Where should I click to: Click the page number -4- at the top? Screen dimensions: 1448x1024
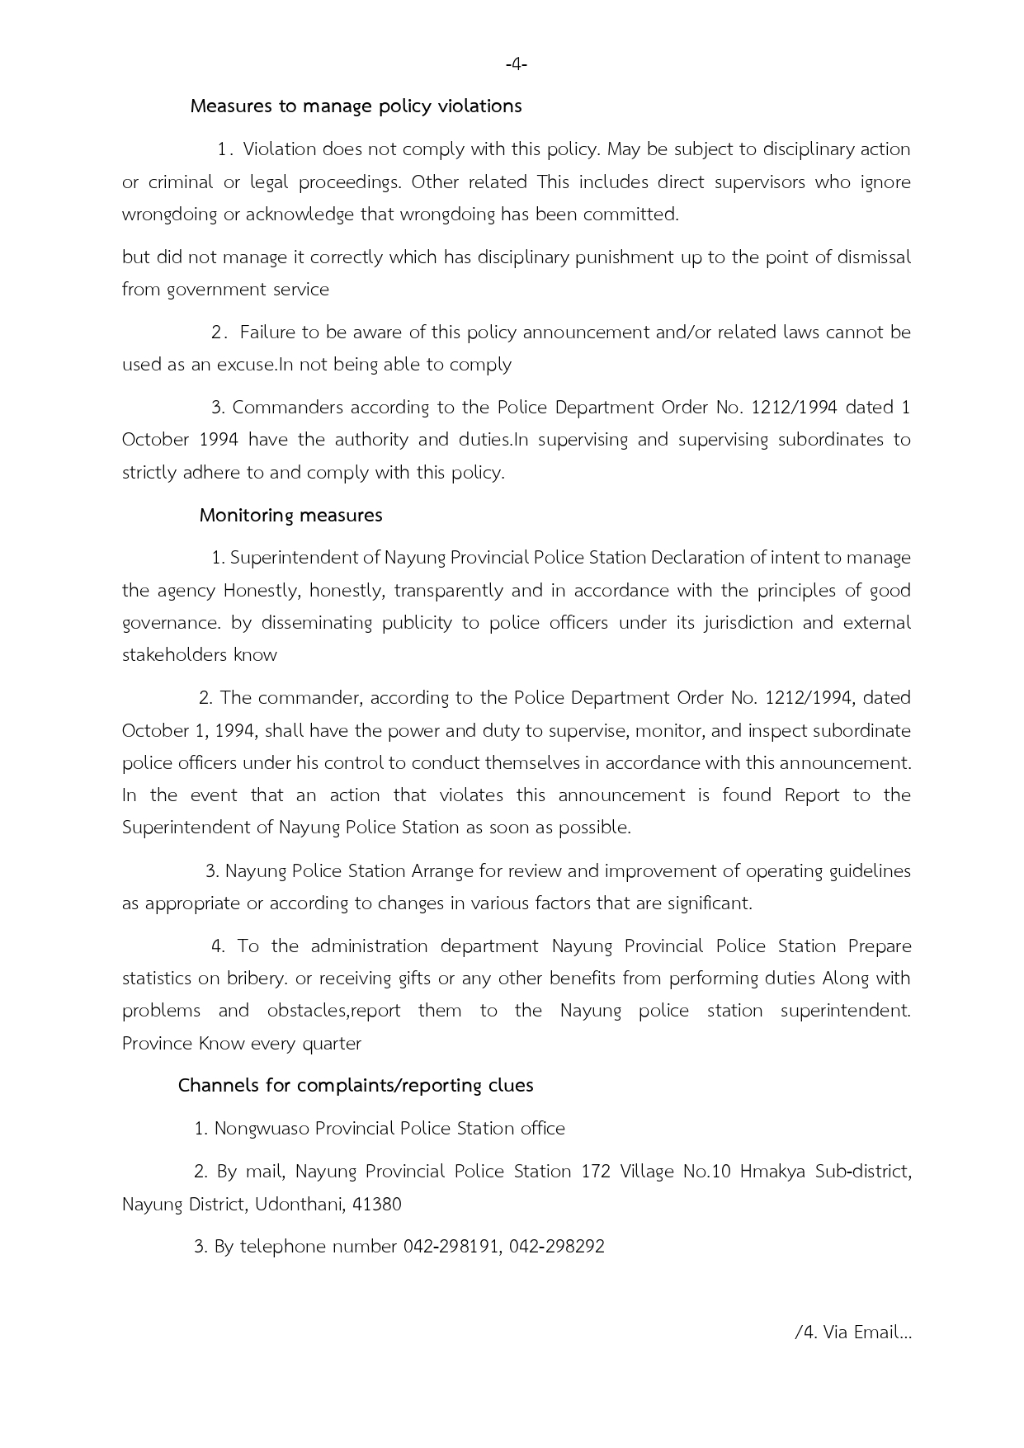pos(516,64)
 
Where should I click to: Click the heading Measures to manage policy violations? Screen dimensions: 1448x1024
pos(356,106)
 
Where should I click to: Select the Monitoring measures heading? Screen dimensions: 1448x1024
pos(290,516)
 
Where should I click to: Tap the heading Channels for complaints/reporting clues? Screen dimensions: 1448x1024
pos(356,1086)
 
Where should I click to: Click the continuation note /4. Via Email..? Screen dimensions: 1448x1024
pos(852,1332)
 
